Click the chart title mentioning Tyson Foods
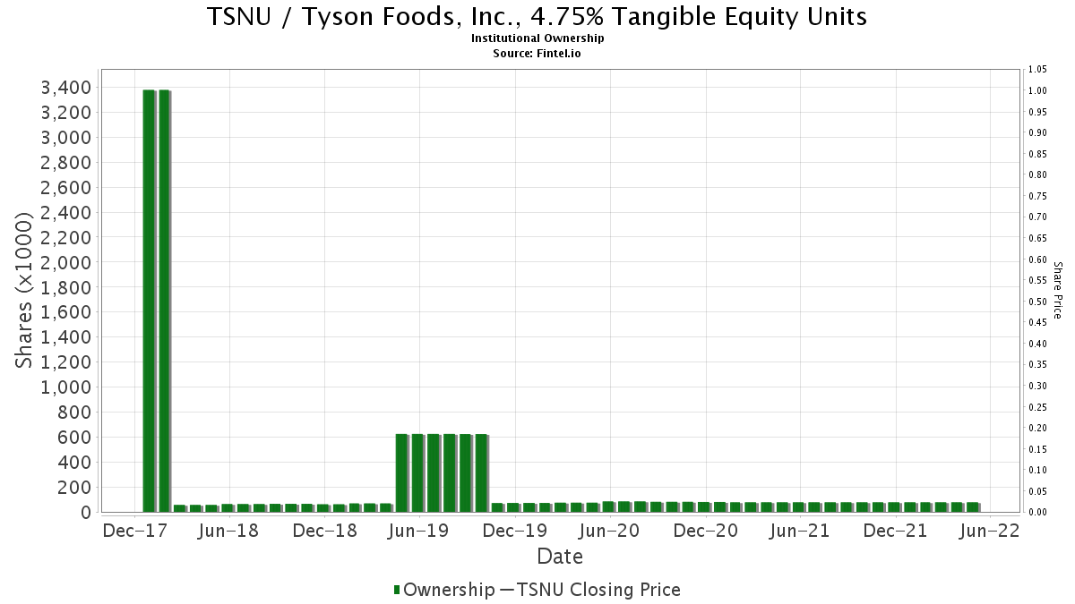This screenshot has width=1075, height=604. (537, 16)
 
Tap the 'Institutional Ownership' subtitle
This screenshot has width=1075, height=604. (537, 38)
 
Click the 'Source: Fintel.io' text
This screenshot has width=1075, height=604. (537, 53)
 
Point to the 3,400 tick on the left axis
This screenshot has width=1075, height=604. (65, 88)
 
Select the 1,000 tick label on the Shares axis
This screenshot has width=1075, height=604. (65, 387)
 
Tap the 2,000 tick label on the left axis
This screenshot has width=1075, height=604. (65, 263)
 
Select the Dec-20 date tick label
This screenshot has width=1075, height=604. (706, 531)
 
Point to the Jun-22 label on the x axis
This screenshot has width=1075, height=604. (989, 531)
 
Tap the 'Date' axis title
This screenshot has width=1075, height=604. (559, 557)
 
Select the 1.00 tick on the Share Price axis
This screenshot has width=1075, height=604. (1037, 90)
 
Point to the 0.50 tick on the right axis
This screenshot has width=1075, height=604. (1037, 302)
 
